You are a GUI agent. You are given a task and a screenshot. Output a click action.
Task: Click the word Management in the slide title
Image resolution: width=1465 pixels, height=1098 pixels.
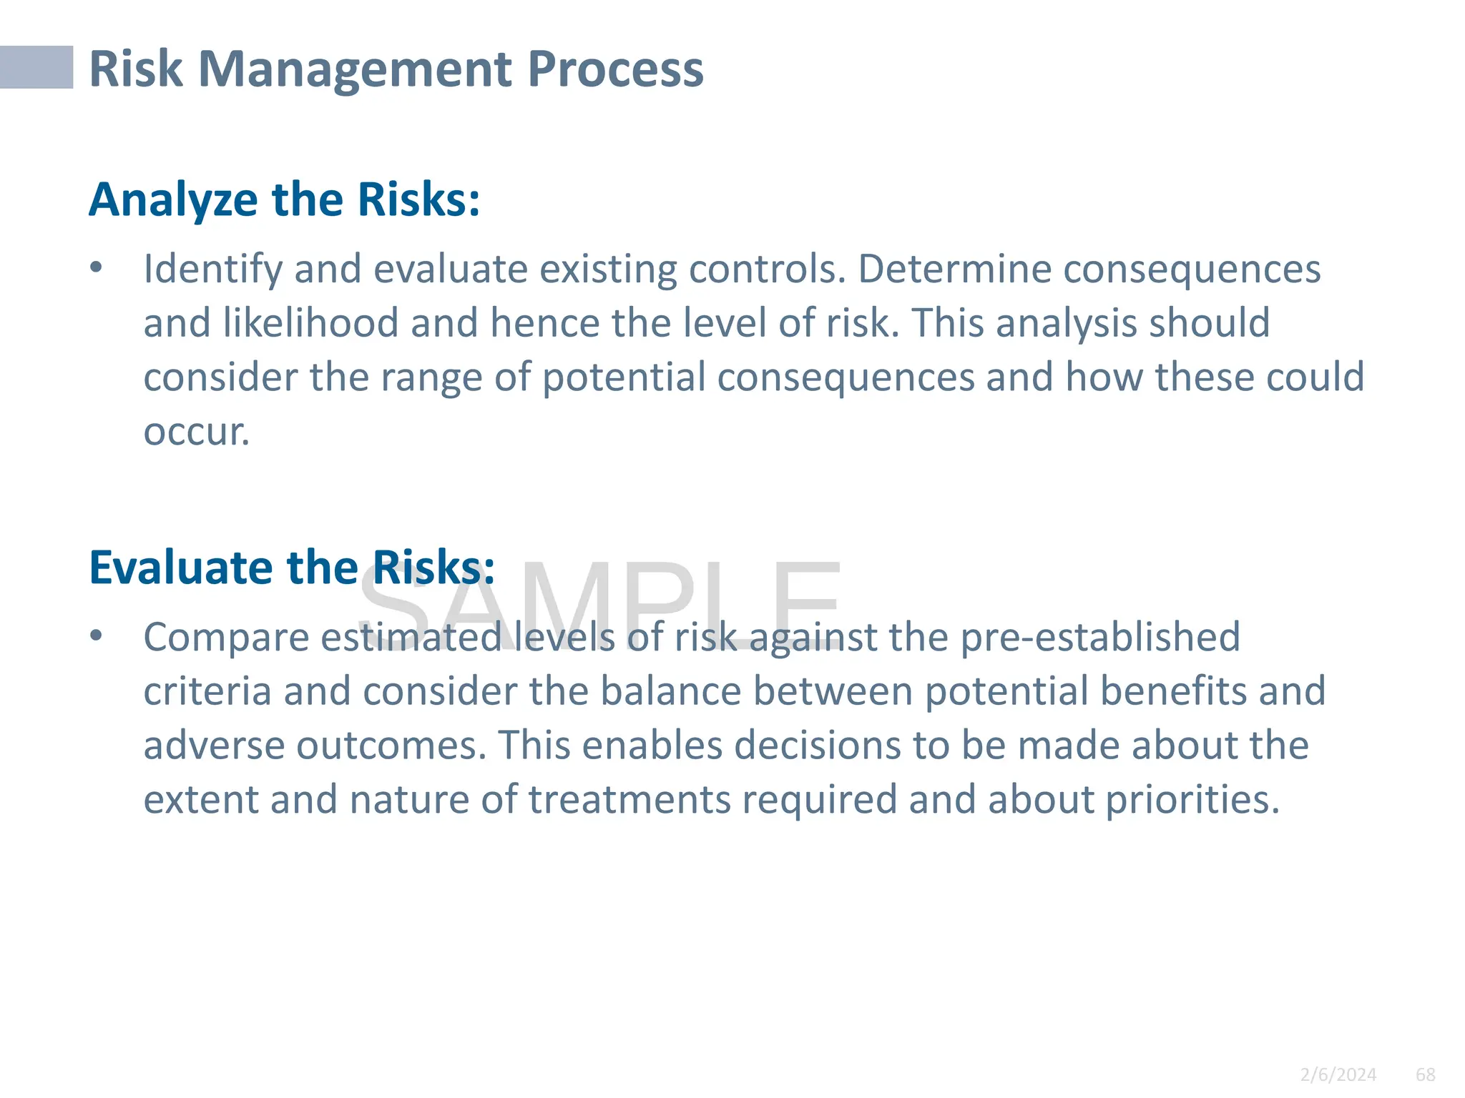pyautogui.click(x=355, y=69)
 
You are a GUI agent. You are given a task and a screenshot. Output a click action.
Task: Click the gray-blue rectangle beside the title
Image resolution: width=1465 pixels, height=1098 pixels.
pyautogui.click(x=36, y=67)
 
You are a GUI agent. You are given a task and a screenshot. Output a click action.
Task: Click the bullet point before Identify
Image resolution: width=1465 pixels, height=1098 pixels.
pyautogui.click(x=97, y=268)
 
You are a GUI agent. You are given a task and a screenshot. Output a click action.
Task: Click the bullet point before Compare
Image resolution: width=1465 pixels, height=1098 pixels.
pyautogui.click(x=97, y=635)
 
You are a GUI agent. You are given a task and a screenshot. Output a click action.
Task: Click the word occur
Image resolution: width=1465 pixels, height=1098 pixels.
pyautogui.click(x=196, y=432)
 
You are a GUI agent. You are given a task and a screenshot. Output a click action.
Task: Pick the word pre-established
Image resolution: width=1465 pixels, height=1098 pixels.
pyautogui.click(x=1099, y=637)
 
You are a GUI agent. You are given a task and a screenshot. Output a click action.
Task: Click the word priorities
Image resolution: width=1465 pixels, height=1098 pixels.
pyautogui.click(x=1192, y=800)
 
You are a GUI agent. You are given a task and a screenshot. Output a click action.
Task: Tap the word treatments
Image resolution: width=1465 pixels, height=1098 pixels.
pyautogui.click(x=629, y=800)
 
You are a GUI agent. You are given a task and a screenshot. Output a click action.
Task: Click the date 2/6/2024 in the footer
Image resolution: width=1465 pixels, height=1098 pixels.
pyautogui.click(x=1338, y=1074)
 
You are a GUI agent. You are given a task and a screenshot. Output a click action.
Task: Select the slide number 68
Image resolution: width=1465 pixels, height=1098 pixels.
pyautogui.click(x=1426, y=1074)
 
